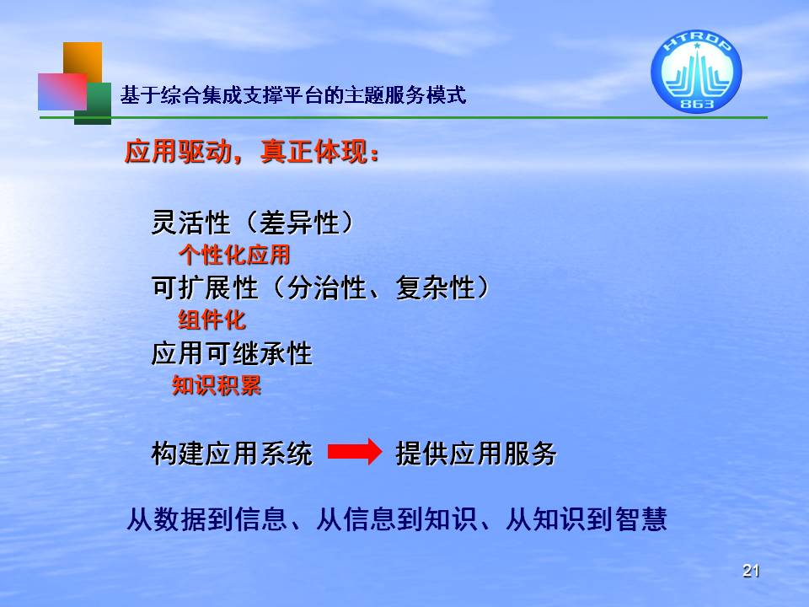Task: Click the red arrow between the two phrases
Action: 355,452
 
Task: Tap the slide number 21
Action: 751,571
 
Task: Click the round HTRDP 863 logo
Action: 696,71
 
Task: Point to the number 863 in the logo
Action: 697,104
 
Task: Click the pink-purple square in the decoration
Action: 62,91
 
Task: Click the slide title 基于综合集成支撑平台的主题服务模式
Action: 293,95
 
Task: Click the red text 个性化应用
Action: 234,255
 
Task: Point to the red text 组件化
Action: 212,320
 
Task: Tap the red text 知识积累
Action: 217,385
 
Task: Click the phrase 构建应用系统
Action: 232,454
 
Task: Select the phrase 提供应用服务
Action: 475,454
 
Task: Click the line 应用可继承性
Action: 232,354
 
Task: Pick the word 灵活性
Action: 191,223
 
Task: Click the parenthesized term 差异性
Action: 298,223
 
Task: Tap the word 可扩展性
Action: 205,288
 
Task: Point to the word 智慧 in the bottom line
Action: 641,519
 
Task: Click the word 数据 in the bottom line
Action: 180,519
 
